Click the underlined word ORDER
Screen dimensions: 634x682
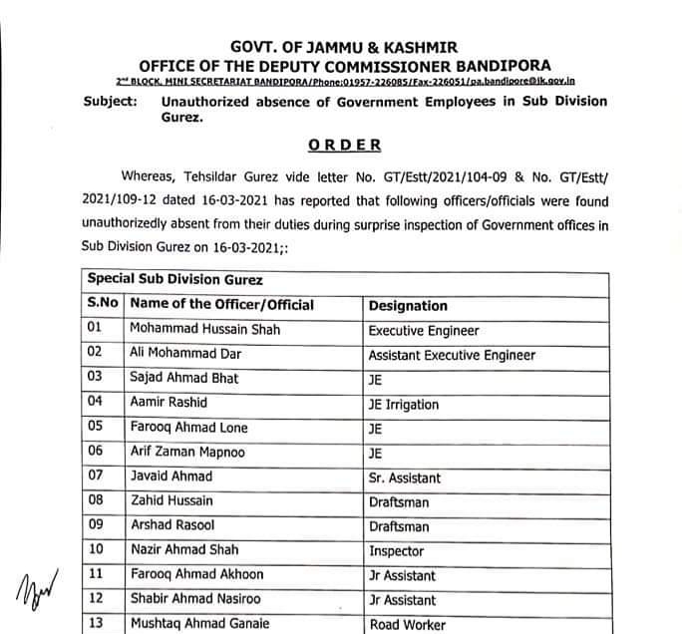[x=344, y=145]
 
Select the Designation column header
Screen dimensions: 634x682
[x=408, y=306]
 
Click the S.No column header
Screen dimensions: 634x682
[x=102, y=305]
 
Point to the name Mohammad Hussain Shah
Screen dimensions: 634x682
[x=204, y=330]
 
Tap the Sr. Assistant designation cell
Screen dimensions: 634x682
[x=405, y=477]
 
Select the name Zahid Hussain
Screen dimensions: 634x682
[x=170, y=501]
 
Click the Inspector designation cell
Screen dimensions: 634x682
[x=396, y=551]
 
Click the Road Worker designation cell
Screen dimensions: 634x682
[x=408, y=625]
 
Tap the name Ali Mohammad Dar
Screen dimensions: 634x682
[x=185, y=355]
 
